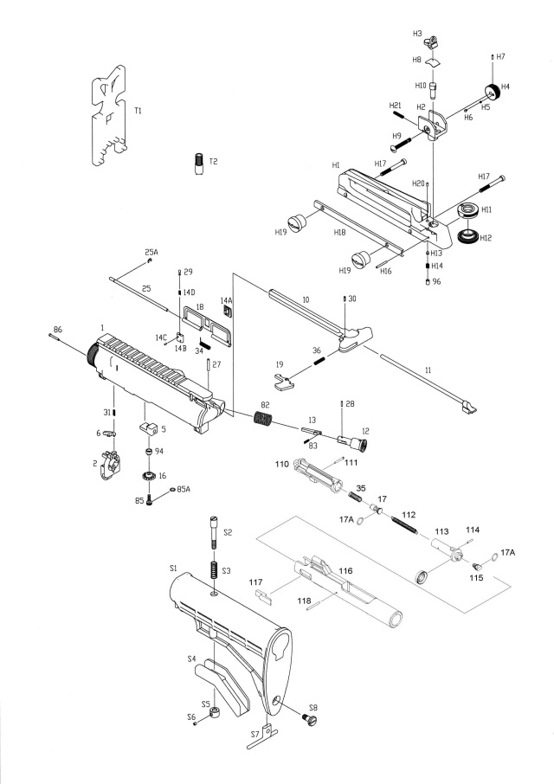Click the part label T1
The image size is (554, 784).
pos(138,111)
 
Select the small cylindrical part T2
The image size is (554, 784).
pos(198,162)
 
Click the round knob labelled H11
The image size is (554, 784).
pos(467,210)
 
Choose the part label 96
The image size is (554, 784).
pos(436,281)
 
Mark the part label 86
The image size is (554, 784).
pos(58,330)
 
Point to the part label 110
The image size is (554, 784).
pos(281,465)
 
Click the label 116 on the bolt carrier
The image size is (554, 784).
pos(345,572)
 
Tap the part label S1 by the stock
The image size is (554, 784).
pos(173,568)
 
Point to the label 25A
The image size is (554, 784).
pos(151,251)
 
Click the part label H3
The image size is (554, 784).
pos(417,33)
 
